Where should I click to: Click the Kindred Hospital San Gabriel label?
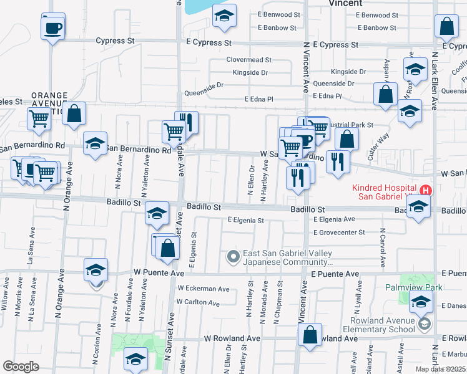[384, 192]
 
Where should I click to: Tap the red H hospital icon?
[426, 189]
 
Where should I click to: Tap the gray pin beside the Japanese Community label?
[234, 256]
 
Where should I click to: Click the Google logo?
[21, 367]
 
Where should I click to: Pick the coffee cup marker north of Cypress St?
[53, 27]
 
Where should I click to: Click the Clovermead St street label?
[248, 60]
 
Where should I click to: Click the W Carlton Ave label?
[198, 304]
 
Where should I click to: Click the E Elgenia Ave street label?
[334, 219]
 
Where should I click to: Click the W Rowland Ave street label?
[232, 338]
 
